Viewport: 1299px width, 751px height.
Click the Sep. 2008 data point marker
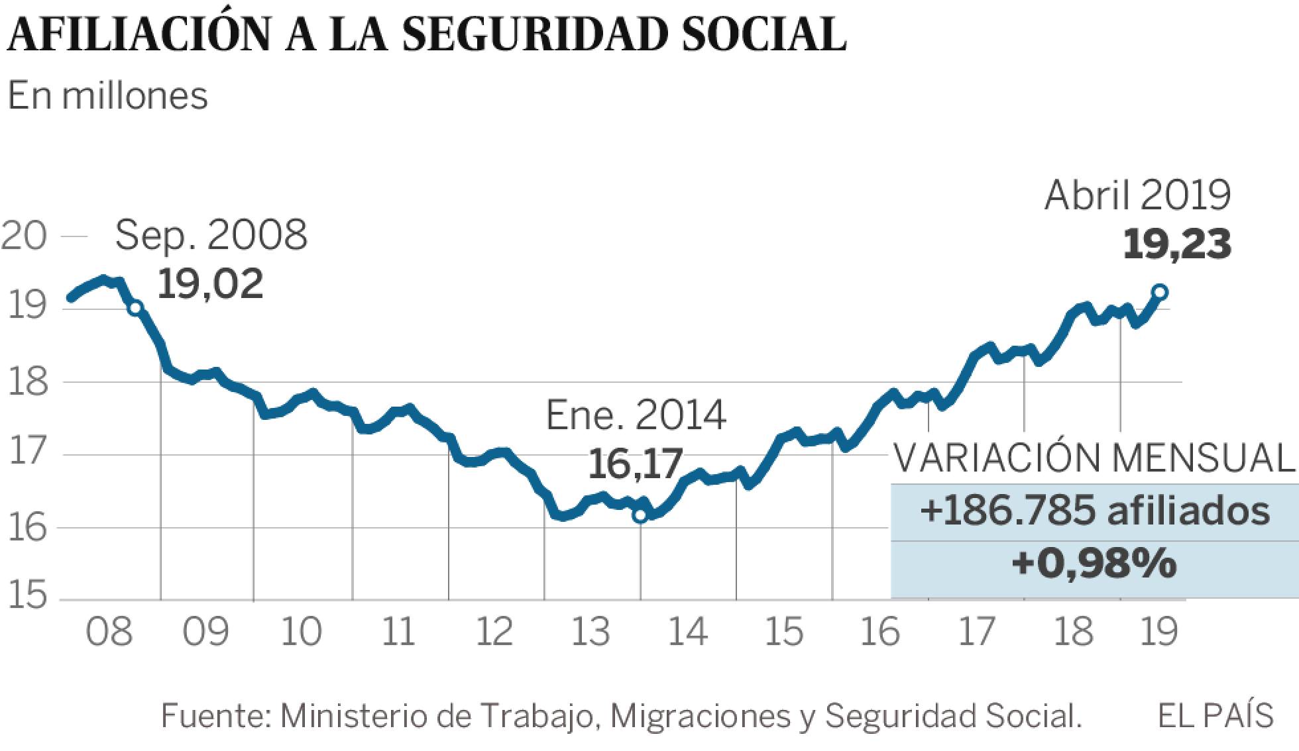tap(135, 307)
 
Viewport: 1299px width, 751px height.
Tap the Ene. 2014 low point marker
tap(640, 515)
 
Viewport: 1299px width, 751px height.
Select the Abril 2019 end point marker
tap(1160, 292)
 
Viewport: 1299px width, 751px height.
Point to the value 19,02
tap(211, 284)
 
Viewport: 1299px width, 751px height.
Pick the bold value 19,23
tap(1177, 244)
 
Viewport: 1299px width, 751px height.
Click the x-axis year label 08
tap(109, 632)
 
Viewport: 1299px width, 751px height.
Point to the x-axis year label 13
tap(590, 632)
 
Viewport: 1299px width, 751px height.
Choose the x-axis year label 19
tap(1157, 632)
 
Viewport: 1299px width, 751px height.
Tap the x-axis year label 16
tap(879, 632)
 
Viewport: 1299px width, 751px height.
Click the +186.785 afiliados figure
tap(1094, 512)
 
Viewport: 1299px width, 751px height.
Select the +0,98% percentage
tap(1094, 564)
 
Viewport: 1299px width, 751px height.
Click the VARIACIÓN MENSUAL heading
tap(1094, 458)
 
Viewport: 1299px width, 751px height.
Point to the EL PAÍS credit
tap(1215, 716)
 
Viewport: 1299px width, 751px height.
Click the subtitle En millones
tap(108, 96)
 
